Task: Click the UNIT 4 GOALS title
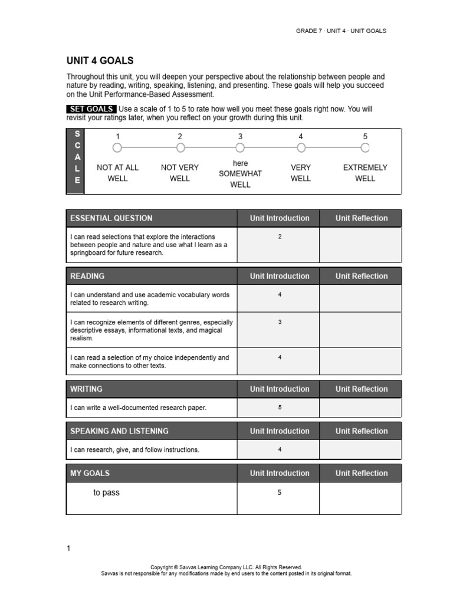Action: tap(100, 61)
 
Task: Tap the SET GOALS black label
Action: tap(91, 109)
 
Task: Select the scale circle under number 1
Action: tap(117, 147)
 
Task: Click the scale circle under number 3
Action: tap(240, 147)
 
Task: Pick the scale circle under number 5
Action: tap(365, 147)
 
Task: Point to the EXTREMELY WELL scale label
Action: tap(365, 173)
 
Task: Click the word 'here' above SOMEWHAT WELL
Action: tap(240, 163)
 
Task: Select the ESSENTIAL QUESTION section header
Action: tap(111, 218)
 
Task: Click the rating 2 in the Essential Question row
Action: tap(280, 237)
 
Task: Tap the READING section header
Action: tap(87, 276)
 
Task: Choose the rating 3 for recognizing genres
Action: tap(280, 322)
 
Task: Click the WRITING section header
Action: tap(86, 389)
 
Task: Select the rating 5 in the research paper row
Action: tap(280, 408)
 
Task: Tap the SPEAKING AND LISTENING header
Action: tap(119, 431)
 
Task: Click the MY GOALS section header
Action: tap(90, 473)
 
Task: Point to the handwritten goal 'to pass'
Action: tap(106, 493)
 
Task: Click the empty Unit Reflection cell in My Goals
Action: tap(360, 498)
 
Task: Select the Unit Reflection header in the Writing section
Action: tap(361, 389)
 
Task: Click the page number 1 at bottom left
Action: tap(68, 549)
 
